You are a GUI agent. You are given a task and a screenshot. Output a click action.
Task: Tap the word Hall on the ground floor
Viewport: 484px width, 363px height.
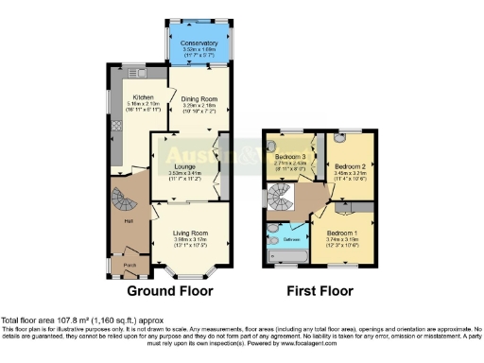126,222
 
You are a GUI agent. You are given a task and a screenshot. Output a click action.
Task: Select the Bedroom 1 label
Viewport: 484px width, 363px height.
342,232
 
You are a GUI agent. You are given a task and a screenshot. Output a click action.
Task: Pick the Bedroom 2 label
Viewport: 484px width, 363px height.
349,165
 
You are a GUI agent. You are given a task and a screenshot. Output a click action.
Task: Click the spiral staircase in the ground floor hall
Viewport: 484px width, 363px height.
124,199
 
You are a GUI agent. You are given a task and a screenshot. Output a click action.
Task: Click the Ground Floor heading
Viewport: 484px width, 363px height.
170,290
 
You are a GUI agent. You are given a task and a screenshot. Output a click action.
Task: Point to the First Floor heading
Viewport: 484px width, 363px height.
318,290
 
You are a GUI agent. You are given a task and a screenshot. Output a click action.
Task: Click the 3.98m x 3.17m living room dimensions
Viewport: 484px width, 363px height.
189,242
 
